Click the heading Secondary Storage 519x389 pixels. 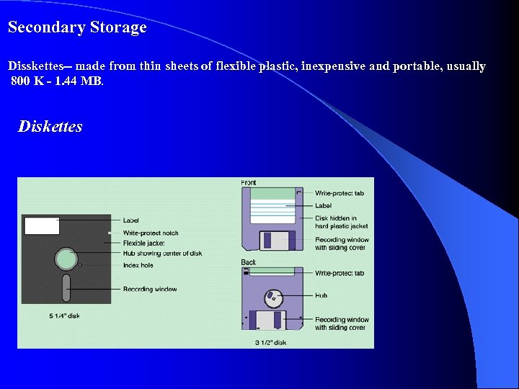pyautogui.click(x=77, y=28)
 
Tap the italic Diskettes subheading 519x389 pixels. pyautogui.click(x=50, y=127)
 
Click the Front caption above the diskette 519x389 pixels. pyautogui.click(x=249, y=183)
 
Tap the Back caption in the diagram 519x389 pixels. pyautogui.click(x=249, y=262)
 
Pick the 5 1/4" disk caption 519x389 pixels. pyautogui.click(x=65, y=316)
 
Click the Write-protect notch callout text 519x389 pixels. pyautogui.click(x=151, y=233)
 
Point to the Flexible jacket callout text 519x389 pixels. pyautogui.click(x=144, y=243)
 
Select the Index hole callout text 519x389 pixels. pyautogui.click(x=138, y=265)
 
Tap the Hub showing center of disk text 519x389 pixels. pyautogui.click(x=162, y=253)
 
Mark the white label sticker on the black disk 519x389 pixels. pyautogui.click(x=42, y=225)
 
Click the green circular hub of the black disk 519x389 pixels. pyautogui.click(x=66, y=259)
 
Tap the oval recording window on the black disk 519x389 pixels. pyautogui.click(x=66, y=288)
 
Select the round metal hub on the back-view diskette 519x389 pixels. pyautogui.click(x=272, y=296)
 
